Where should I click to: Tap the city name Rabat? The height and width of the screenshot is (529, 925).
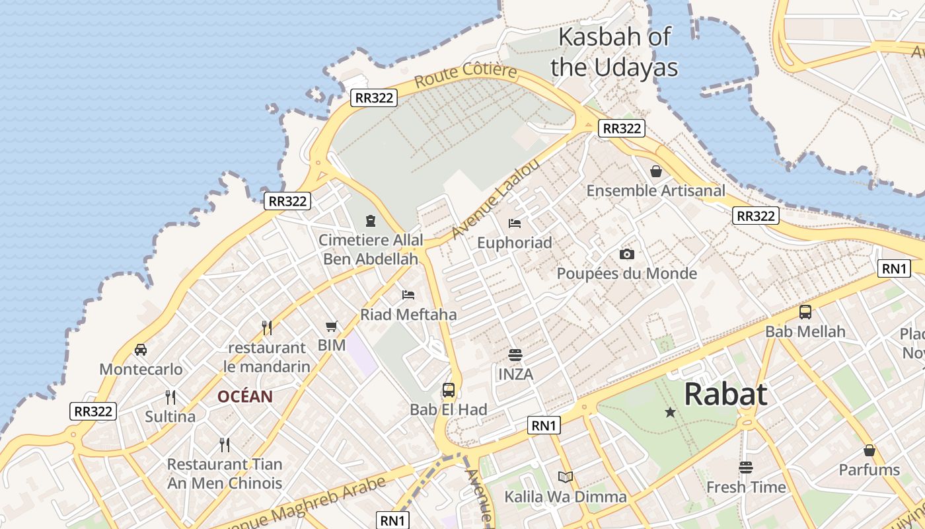(725, 394)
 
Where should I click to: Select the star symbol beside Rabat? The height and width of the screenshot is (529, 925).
(670, 413)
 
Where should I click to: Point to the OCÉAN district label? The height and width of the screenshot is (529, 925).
(245, 397)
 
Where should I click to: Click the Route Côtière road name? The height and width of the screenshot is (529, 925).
(466, 75)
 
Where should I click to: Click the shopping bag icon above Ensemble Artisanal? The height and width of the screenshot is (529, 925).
(656, 171)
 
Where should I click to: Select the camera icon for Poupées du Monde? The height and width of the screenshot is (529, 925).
(626, 254)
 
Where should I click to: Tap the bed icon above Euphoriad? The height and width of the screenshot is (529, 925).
(515, 224)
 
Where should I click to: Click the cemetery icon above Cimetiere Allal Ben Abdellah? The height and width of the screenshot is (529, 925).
(371, 220)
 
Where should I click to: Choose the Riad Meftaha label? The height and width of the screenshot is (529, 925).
(408, 315)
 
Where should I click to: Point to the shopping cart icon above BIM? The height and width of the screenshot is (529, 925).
(332, 326)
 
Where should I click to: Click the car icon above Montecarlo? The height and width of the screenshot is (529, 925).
(141, 349)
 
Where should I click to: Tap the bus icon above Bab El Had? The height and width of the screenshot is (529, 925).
(449, 389)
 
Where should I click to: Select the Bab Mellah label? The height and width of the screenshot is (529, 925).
(805, 331)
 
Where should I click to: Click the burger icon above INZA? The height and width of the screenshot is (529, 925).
(515, 355)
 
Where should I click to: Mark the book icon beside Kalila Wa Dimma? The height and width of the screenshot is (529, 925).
(565, 477)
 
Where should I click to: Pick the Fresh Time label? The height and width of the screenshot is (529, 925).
(746, 487)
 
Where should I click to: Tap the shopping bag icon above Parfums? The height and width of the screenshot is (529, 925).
(869, 450)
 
